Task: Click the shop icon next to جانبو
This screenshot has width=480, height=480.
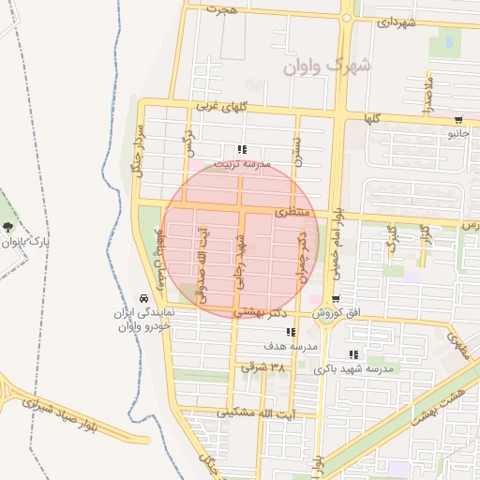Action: [x=457, y=120]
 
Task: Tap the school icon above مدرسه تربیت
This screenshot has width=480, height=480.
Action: [x=242, y=149]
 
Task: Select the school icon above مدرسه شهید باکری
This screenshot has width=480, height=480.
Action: [x=353, y=354]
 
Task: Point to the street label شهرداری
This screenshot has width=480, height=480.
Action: [x=395, y=22]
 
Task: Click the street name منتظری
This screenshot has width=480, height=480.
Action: [x=292, y=214]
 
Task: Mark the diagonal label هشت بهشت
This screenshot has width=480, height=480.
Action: [x=440, y=404]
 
